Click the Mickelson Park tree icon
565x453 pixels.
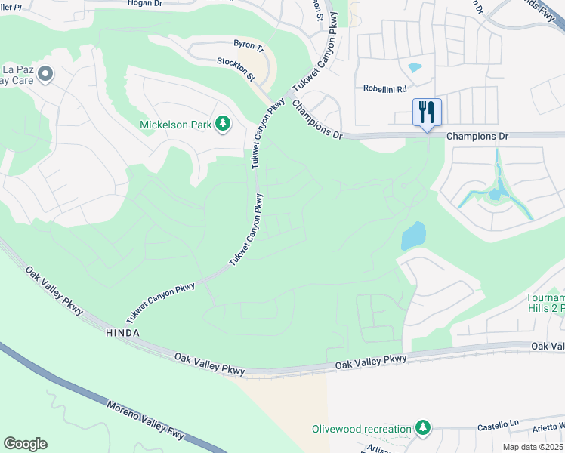coord(223,123)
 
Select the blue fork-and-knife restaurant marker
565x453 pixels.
coord(427,113)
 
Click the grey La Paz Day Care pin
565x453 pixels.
coord(45,74)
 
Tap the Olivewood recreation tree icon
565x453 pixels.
coord(423,429)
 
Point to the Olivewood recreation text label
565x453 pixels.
coord(363,430)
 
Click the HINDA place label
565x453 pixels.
coord(123,333)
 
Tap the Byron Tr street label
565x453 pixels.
coord(248,46)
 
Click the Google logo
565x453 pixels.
coord(25,444)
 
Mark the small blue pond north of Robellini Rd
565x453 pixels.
coord(415,68)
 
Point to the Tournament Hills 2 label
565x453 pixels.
coord(545,303)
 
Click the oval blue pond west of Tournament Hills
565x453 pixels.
coord(413,236)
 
